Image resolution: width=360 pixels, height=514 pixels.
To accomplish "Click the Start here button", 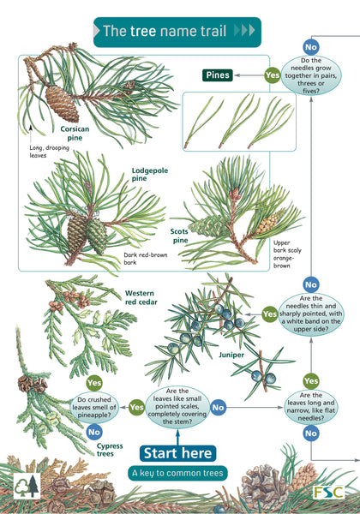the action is [x=177, y=453].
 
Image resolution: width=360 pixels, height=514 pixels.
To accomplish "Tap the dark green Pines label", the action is [x=218, y=75].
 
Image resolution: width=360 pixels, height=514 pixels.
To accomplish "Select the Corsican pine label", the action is [x=75, y=133].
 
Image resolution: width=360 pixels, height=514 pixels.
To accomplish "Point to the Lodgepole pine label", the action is [x=150, y=174].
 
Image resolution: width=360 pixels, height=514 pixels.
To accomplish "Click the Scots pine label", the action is [x=179, y=236].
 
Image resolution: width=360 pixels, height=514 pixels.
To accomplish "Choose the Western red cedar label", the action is [x=141, y=297].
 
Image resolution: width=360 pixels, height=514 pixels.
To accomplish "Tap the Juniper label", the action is [x=231, y=355].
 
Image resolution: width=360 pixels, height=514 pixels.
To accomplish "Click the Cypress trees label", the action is [x=110, y=450].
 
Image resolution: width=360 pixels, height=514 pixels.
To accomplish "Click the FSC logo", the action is [x=328, y=492].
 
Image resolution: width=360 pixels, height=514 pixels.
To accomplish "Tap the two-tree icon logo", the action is [x=27, y=486].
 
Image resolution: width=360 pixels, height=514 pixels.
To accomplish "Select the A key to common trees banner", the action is [x=177, y=473].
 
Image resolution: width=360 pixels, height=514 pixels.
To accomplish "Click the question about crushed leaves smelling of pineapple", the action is [x=94, y=408].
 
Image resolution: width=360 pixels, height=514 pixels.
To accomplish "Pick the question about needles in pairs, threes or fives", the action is [x=311, y=75].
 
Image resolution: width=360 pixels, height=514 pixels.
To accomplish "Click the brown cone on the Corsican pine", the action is [x=62, y=104].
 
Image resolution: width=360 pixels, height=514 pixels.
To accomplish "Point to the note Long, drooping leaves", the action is [x=49, y=152].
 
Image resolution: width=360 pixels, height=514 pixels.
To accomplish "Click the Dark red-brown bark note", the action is [x=145, y=259].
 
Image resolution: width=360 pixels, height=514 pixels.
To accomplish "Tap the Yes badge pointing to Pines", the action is [x=272, y=75].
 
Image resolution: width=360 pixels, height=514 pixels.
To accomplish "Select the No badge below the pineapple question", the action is [x=94, y=432].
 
